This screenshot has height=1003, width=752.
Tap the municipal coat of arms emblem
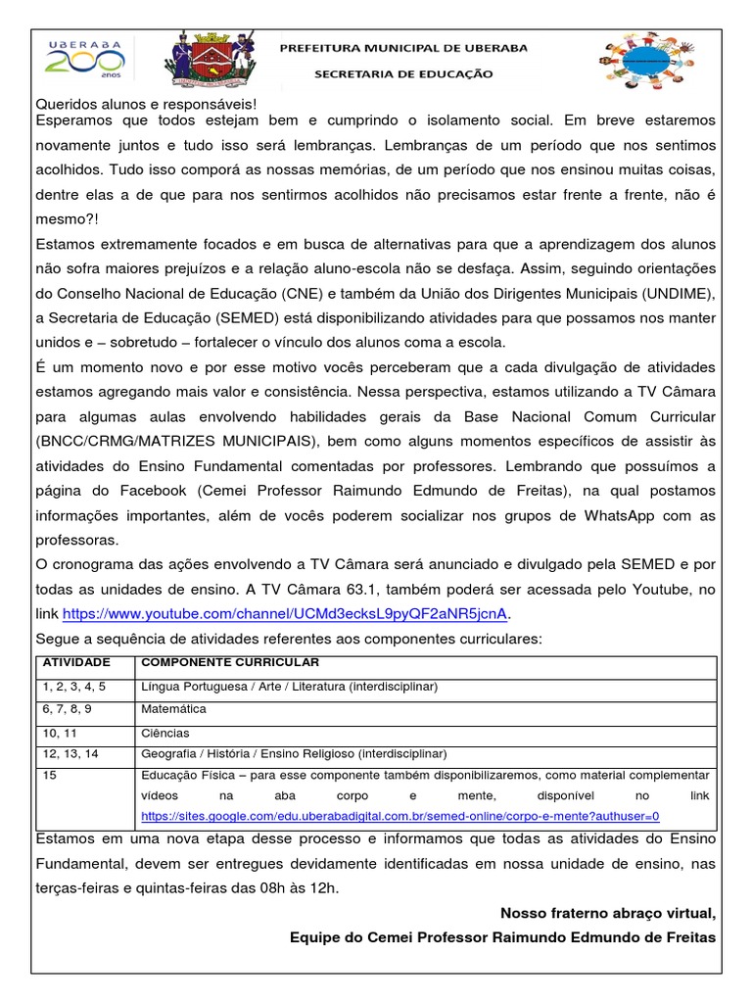(x=214, y=61)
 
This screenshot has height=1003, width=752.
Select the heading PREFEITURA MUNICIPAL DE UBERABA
(x=403, y=47)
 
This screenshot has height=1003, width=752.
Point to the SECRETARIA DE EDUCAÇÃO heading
(x=403, y=73)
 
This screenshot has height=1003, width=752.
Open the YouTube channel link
(x=286, y=614)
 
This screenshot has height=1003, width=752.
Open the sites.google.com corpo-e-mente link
(x=400, y=816)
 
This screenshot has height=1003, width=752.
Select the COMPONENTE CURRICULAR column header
(x=216, y=663)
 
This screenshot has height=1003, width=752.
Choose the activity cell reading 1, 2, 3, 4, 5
(x=73, y=686)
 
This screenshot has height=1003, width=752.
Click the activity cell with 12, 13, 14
(x=70, y=753)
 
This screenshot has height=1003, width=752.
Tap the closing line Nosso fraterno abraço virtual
(x=608, y=914)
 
